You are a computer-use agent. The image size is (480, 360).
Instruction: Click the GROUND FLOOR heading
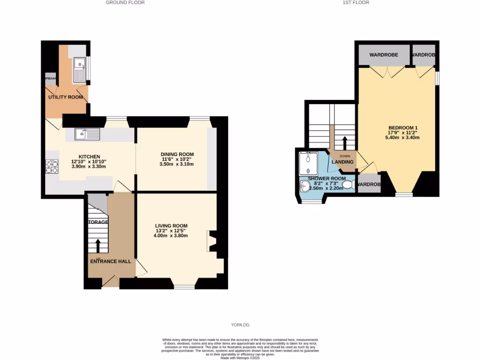(125, 2)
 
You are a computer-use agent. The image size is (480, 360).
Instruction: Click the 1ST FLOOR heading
(356, 2)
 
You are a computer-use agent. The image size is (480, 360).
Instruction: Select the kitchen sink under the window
(87, 134)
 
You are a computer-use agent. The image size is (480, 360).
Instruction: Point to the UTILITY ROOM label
(66, 97)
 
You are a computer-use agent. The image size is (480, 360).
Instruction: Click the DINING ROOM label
(177, 154)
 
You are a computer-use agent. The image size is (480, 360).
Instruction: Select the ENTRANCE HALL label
(110, 261)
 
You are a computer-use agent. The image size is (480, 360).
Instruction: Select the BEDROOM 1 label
(403, 127)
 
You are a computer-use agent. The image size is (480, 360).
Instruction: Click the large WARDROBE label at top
(383, 55)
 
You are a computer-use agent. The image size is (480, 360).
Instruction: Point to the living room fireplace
(210, 241)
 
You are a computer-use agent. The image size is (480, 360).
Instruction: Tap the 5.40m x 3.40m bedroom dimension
(402, 138)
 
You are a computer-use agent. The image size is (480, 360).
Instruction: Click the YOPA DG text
(240, 324)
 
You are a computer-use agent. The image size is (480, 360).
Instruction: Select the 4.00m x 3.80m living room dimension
(172, 236)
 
